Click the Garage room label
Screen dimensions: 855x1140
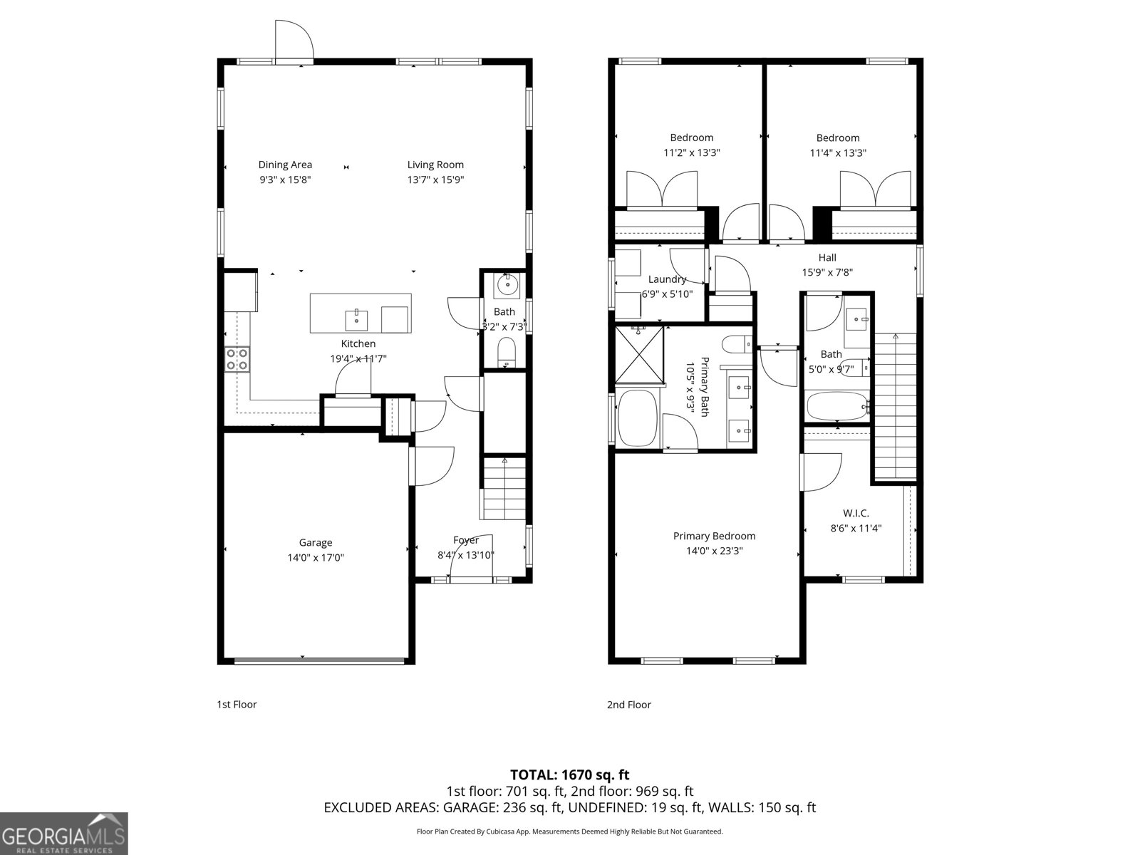click(x=315, y=542)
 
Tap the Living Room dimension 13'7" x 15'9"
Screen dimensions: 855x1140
click(x=435, y=180)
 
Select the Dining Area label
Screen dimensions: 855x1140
click(x=285, y=165)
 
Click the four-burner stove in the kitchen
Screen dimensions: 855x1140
click(x=237, y=359)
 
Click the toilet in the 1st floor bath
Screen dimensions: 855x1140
click(x=506, y=352)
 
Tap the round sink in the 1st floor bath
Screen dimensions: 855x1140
click(x=507, y=285)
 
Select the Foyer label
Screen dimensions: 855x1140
click(x=466, y=540)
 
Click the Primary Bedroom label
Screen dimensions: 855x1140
click(x=714, y=536)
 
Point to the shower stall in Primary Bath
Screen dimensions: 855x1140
click(x=639, y=354)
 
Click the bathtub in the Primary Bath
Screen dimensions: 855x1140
click(x=638, y=419)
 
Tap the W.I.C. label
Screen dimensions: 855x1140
click(x=856, y=513)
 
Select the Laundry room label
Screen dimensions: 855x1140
click(x=667, y=279)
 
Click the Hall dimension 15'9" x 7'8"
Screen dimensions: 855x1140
click(x=827, y=272)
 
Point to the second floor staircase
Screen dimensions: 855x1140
click(x=895, y=406)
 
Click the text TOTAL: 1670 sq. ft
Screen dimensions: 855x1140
click(x=569, y=774)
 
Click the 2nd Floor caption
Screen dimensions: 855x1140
click(x=628, y=705)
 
